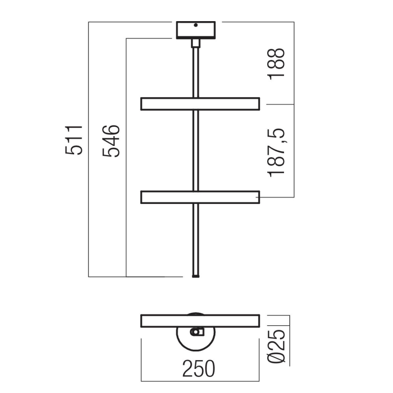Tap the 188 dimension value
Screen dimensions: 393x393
pyautogui.click(x=277, y=63)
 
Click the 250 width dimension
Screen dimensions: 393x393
pyautogui.click(x=199, y=368)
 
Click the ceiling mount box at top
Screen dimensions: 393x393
pyautogui.click(x=196, y=30)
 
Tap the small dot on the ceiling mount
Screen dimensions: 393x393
pyautogui.click(x=196, y=25)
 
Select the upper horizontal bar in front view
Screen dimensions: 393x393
pyautogui.click(x=200, y=104)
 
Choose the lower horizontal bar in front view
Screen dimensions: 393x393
pyautogui.click(x=200, y=197)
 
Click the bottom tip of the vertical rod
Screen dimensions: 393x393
pyautogui.click(x=196, y=277)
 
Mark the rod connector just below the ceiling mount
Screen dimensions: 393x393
pyautogui.click(x=196, y=43)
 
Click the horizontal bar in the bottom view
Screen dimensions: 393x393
pyautogui.click(x=200, y=321)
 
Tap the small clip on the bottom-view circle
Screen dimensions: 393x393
pyautogui.click(x=197, y=333)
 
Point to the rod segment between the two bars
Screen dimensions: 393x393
pyautogui.click(x=196, y=150)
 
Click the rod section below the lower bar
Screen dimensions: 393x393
pyautogui.click(x=196, y=238)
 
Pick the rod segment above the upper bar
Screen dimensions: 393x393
pyautogui.click(x=196, y=71)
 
